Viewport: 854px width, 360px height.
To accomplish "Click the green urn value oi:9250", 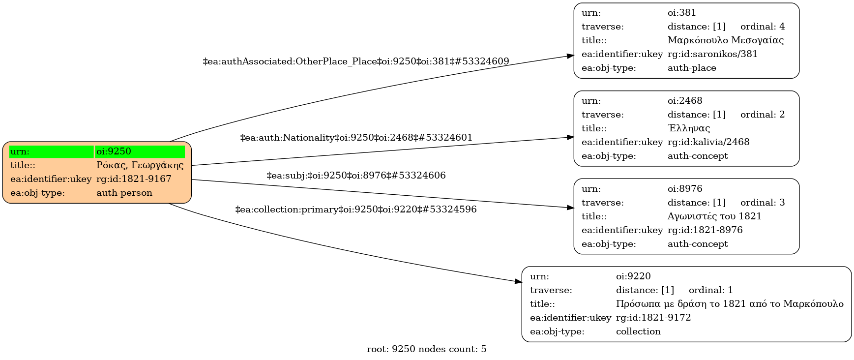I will pyautogui.click(x=140, y=151).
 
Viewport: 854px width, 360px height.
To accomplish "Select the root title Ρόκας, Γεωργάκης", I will pyautogui.click(x=140, y=165).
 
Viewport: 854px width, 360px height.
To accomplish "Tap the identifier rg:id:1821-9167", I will pyautogui.click(x=134, y=179).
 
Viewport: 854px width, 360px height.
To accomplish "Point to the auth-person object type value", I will pyautogui.click(x=124, y=193).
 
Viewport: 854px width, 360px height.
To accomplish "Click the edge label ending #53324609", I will pyautogui.click(x=356, y=61).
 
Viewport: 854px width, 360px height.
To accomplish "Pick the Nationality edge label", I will pyautogui.click(x=356, y=138).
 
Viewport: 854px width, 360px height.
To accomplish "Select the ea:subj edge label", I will pyautogui.click(x=356, y=176).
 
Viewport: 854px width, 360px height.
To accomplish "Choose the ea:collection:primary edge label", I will pyautogui.click(x=356, y=210).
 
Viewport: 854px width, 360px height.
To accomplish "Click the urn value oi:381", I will pyautogui.click(x=682, y=13).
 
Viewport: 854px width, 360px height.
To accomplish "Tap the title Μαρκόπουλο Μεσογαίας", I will pyautogui.click(x=726, y=40).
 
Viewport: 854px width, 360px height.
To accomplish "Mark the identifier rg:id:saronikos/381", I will pyautogui.click(x=712, y=54).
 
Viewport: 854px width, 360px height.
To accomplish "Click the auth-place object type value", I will pyautogui.click(x=692, y=68).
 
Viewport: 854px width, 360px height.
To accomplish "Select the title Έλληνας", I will pyautogui.click(x=689, y=128).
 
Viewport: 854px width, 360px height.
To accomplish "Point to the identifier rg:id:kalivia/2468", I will pyautogui.click(x=708, y=142).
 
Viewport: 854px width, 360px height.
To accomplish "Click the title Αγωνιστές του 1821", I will pyautogui.click(x=714, y=216).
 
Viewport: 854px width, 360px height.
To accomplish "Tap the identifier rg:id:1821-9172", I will pyautogui.click(x=653, y=318).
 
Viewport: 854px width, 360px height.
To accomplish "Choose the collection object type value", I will pyautogui.click(x=638, y=331).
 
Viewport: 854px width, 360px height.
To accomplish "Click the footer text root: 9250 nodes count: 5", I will pyautogui.click(x=426, y=349).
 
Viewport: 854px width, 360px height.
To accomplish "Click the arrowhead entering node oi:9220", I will pyautogui.click(x=518, y=282).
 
